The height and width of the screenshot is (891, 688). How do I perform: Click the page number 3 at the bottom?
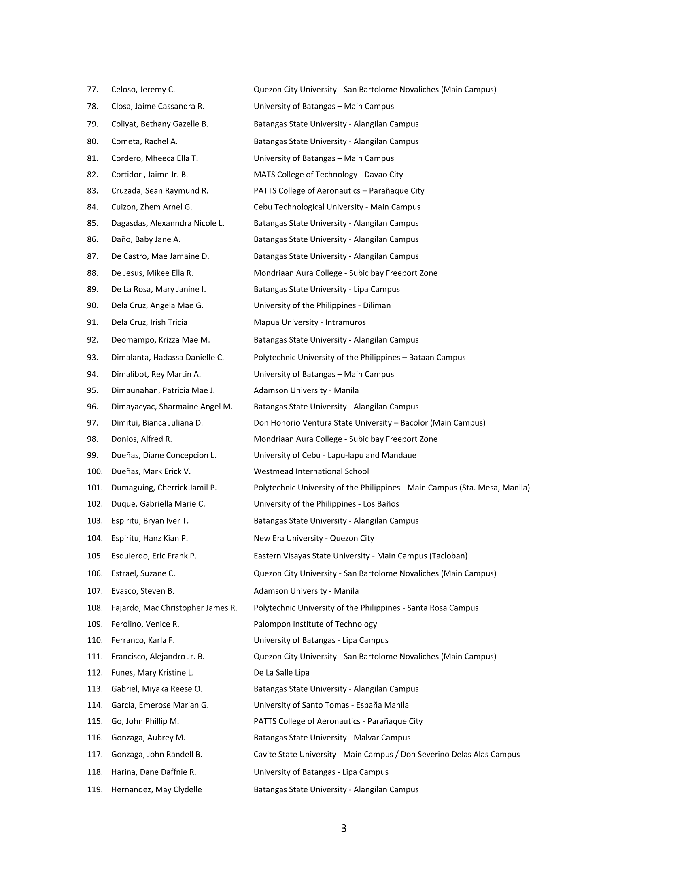pos(344,829)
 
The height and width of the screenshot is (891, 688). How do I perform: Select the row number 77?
pos(93,90)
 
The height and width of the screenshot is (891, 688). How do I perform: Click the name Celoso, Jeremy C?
pos(143,90)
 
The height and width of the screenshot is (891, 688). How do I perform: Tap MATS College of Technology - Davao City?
pos(328,175)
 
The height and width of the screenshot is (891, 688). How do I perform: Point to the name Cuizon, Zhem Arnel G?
pos(152,207)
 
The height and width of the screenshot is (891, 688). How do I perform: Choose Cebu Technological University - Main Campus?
pos(337,207)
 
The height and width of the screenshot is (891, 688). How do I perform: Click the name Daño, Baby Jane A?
pos(146,239)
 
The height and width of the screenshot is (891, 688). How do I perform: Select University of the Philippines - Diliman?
pos(322,305)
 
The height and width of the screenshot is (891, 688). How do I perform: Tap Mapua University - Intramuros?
pos(309,322)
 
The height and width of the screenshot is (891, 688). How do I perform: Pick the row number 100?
pos(95,471)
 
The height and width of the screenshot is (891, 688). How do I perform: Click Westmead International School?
pos(311,471)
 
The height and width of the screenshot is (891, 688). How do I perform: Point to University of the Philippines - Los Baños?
pos(326,504)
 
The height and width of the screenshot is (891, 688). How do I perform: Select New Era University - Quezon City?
pos(313,539)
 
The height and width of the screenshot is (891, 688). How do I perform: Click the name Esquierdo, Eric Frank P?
pos(154,556)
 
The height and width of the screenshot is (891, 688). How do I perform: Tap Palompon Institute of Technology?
pos(315,624)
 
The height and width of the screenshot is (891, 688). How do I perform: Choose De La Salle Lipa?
pos(281,673)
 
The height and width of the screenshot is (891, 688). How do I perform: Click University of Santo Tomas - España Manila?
pos(331,705)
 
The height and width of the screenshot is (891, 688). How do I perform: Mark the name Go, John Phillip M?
pos(145,721)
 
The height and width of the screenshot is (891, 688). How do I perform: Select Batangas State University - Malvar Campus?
pos(332,738)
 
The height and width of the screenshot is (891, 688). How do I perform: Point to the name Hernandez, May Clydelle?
pos(157,789)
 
